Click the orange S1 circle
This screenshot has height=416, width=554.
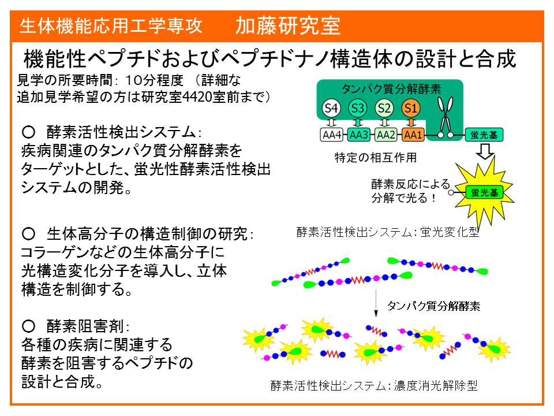tap(410, 108)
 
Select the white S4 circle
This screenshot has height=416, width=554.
tap(331, 108)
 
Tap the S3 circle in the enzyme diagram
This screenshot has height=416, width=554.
tap(358, 108)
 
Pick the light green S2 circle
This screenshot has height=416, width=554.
tap(384, 108)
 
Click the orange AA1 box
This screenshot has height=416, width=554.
tap(413, 135)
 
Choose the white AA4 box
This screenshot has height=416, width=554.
tap(331, 135)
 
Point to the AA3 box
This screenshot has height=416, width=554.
tap(358, 135)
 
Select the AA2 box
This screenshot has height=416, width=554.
tap(385, 135)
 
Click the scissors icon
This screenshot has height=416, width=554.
tap(445, 117)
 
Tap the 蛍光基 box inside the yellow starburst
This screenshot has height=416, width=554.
tap(484, 193)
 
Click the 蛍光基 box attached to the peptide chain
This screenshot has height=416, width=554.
tap(484, 135)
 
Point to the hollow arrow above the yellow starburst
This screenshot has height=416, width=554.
tap(485, 151)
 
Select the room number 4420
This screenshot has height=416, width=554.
tap(197, 97)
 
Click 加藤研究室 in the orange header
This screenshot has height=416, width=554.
tap(288, 26)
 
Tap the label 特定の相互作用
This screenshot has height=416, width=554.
tap(376, 157)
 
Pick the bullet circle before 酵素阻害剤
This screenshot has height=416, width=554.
tap(28, 326)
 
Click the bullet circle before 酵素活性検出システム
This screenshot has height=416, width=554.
tap(28, 132)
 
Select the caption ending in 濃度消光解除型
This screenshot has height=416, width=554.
tap(374, 385)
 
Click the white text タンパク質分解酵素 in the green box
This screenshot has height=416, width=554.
tap(391, 88)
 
